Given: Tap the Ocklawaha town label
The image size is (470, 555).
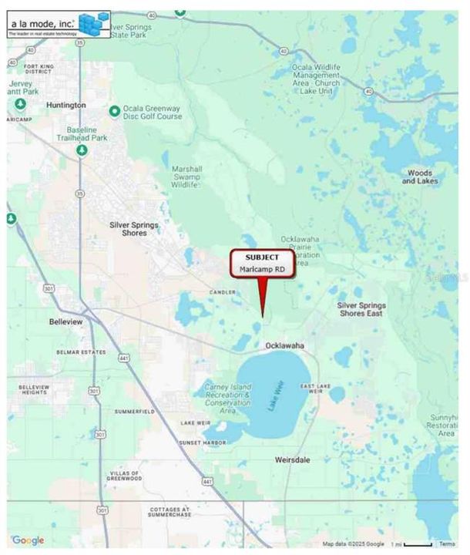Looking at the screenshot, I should (284, 345).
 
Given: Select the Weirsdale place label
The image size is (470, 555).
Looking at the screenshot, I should (293, 459).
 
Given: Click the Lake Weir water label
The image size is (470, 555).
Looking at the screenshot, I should (277, 395).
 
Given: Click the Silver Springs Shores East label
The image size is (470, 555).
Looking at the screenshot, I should (361, 310).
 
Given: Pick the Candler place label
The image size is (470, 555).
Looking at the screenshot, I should (221, 293).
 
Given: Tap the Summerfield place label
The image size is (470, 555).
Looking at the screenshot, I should (134, 412).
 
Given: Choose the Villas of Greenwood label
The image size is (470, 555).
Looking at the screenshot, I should (125, 474).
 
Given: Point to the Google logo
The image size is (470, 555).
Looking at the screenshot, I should (28, 540).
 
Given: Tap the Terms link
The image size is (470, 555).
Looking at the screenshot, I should (447, 544).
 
